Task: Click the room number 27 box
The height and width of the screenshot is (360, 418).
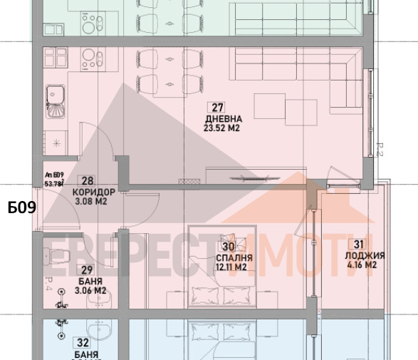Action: point(218,108)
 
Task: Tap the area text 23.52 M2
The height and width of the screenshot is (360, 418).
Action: point(223,130)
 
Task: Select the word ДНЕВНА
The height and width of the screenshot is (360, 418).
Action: point(223,119)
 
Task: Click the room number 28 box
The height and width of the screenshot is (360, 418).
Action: point(88,182)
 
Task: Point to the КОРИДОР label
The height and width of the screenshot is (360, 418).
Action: point(93,192)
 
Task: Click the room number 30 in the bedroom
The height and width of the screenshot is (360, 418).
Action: point(229,246)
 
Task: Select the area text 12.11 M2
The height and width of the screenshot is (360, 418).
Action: point(229,267)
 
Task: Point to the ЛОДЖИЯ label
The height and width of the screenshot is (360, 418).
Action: point(365,255)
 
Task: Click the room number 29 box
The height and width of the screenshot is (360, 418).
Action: point(87,269)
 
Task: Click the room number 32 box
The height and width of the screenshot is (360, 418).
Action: point(86,343)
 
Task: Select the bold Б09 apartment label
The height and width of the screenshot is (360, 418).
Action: point(21,208)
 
